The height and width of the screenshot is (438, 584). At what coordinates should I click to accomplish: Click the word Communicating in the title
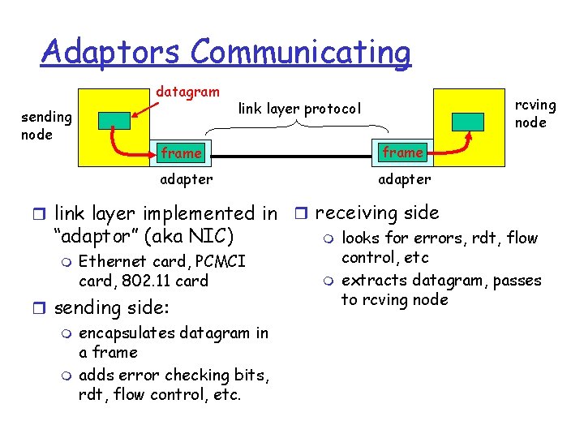click(302, 54)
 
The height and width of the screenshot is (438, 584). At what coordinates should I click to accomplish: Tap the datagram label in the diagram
click(187, 92)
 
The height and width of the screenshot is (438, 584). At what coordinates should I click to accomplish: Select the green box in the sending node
click(114, 120)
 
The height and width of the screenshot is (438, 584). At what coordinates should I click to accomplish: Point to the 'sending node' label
click(47, 126)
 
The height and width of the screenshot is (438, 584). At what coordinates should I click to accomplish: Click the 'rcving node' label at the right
click(536, 114)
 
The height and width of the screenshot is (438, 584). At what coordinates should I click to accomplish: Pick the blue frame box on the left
click(181, 152)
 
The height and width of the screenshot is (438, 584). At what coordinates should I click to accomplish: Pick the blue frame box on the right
click(402, 152)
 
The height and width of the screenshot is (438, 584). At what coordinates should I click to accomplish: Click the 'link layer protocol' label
click(298, 108)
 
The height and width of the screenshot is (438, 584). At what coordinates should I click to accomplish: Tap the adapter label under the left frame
click(186, 178)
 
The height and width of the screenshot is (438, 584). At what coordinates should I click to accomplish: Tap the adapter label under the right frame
click(404, 178)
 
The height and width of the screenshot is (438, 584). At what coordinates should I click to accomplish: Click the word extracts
click(370, 281)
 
